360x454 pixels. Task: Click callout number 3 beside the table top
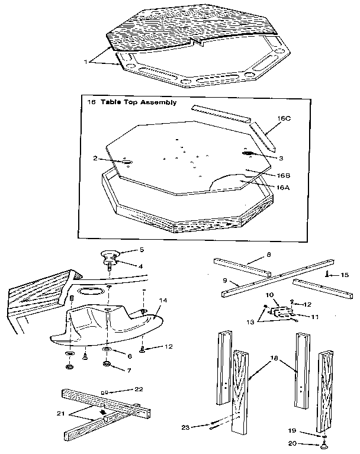pyautogui.click(x=281, y=158)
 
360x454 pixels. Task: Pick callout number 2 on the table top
pyautogui.click(x=95, y=158)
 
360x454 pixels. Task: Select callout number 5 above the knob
pyautogui.click(x=142, y=250)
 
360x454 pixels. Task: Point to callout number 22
pyautogui.click(x=139, y=389)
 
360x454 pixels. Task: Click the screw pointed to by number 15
pyautogui.click(x=326, y=273)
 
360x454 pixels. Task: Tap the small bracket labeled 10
pyautogui.click(x=281, y=311)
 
